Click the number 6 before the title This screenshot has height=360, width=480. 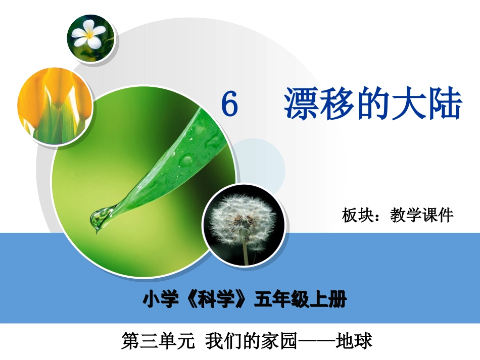[230, 105]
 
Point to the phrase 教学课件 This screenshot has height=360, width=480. [422, 216]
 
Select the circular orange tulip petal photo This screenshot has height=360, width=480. [55, 107]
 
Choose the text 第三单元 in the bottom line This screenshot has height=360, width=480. [158, 341]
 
